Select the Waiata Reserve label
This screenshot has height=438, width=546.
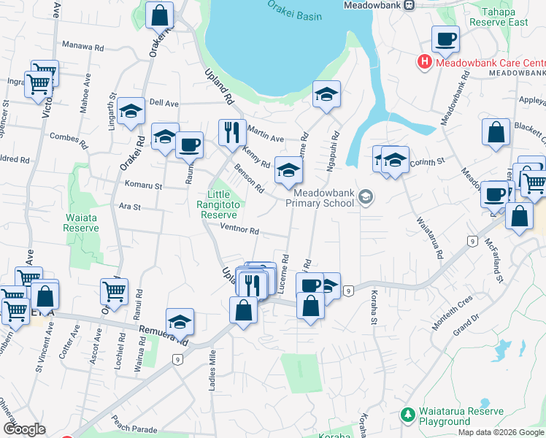pos(80,222)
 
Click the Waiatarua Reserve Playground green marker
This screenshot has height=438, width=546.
pos(407,416)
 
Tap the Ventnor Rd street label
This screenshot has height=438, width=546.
pos(239,231)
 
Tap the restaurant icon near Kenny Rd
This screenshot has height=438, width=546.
pos(232,132)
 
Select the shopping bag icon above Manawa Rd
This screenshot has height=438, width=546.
pos(158,14)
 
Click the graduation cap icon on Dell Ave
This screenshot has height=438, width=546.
pos(131,111)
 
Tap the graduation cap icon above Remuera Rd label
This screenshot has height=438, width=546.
pos(180,321)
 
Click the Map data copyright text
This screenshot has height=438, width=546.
pos(500,432)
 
